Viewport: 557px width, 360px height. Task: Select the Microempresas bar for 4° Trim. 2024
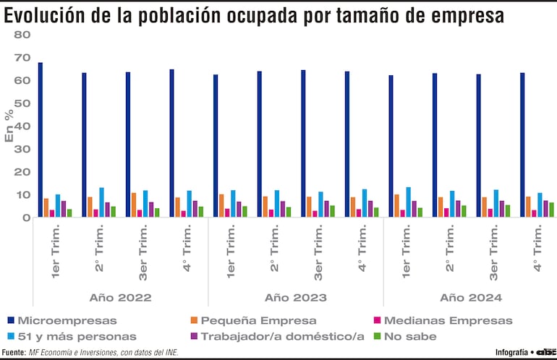522,145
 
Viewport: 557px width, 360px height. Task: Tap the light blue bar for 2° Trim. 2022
101,202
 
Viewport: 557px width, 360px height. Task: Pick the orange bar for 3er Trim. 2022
134,205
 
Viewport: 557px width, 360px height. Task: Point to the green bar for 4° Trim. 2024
550,210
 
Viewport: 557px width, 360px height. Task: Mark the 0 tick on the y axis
26,218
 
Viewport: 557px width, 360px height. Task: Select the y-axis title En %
9,127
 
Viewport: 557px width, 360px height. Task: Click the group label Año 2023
295,297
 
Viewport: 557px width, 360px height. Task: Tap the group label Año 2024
470,297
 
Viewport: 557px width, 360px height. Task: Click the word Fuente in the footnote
14,353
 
